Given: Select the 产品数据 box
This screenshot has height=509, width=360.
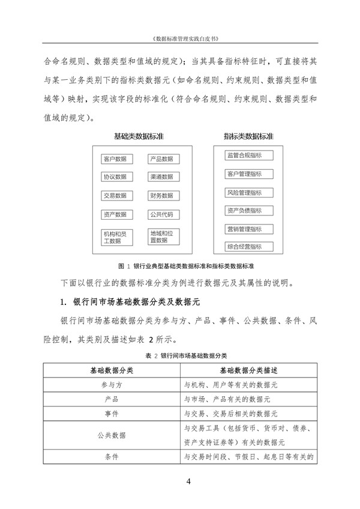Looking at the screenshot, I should tap(162, 159).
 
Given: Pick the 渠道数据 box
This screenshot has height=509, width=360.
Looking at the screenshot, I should tap(162, 177).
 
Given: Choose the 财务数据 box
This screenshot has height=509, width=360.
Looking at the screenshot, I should tap(162, 196).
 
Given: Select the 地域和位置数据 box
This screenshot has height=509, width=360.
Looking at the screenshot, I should tap(162, 236).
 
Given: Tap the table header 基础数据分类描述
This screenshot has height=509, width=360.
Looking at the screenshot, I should tap(248, 370).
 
